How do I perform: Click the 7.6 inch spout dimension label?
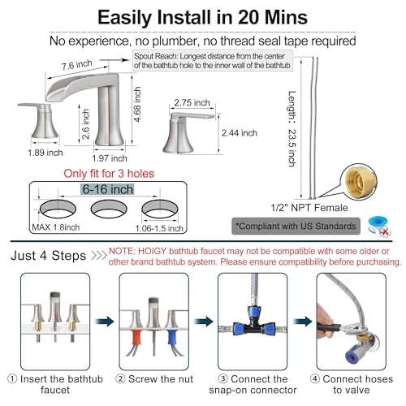click(x=77, y=65)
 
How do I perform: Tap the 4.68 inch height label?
click(x=137, y=104)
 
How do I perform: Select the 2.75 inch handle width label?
click(x=192, y=102)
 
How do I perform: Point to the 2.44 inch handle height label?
click(x=240, y=133)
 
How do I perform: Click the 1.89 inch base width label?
click(x=45, y=153)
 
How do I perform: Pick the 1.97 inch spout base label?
click(x=110, y=158)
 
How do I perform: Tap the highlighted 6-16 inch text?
click(x=108, y=189)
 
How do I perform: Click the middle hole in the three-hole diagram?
click(x=109, y=209)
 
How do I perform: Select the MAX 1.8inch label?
click(x=56, y=227)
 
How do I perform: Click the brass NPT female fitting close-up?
click(x=359, y=181)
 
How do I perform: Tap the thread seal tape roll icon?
click(x=379, y=226)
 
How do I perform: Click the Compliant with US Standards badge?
click(x=296, y=226)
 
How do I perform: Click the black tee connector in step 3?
click(x=253, y=324)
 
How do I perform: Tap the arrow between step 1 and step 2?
click(x=105, y=322)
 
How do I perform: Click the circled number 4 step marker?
click(x=315, y=378)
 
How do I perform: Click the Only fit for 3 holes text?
click(x=109, y=174)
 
